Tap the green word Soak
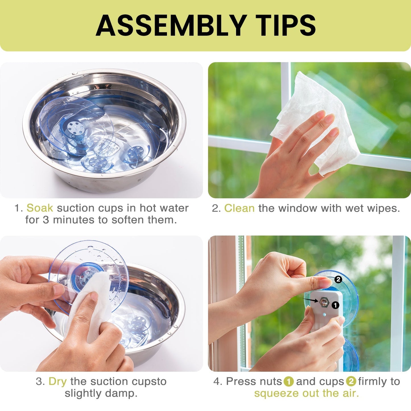[40, 208]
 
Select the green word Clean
[239, 208]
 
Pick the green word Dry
[57, 381]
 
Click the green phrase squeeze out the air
[307, 394]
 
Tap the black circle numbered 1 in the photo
[335, 305]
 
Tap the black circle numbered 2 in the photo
[338, 279]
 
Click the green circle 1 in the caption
[289, 382]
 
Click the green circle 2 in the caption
[351, 382]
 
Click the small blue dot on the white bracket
[325, 315]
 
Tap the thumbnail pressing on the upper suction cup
[325, 283]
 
